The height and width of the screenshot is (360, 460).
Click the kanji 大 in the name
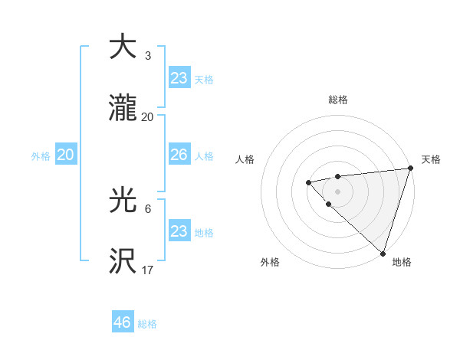tap(123, 47)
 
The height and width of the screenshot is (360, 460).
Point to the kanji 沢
tap(123, 261)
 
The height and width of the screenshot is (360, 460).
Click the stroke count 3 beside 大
tap(147, 56)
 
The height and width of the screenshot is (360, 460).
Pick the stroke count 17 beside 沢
tap(148, 270)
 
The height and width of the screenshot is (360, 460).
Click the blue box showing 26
tap(179, 155)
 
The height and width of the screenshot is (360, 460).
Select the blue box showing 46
tap(122, 322)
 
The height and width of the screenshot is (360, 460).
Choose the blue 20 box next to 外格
tap(65, 155)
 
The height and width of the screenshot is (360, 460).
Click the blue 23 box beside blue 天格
tap(179, 78)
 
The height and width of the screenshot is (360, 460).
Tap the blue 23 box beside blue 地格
tap(179, 231)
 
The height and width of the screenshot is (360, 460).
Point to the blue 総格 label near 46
tap(147, 324)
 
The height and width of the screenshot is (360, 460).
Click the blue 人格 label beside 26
tap(204, 156)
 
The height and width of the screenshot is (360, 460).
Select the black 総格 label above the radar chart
tap(338, 100)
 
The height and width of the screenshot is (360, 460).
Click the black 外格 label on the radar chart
tap(270, 262)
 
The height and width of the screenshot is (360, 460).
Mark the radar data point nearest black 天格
tap(410, 169)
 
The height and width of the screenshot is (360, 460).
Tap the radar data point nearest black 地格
tap(383, 253)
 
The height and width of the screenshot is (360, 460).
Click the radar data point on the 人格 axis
tap(308, 182)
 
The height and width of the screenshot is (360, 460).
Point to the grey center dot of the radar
tap(337, 191)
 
